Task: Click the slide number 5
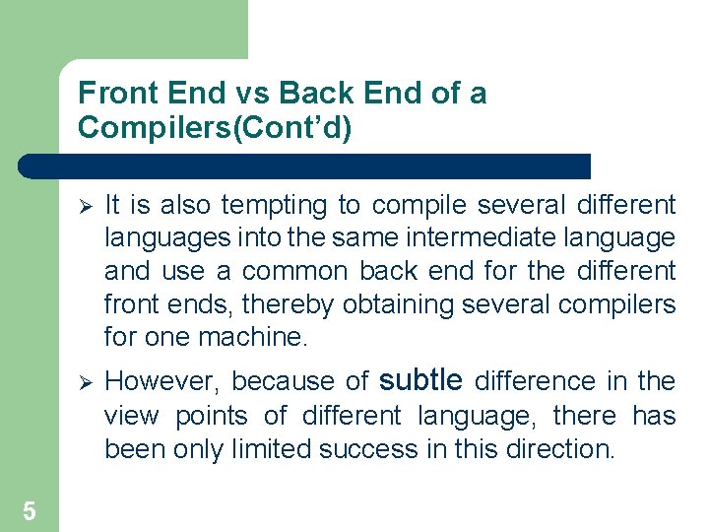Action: click(x=30, y=510)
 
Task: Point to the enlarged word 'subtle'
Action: click(x=419, y=379)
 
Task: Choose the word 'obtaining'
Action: click(x=397, y=303)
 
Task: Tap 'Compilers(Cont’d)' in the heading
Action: click(x=215, y=128)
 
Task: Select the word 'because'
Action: click(x=266, y=381)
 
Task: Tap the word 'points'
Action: click(x=210, y=416)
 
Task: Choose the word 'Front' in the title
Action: click(x=111, y=94)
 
